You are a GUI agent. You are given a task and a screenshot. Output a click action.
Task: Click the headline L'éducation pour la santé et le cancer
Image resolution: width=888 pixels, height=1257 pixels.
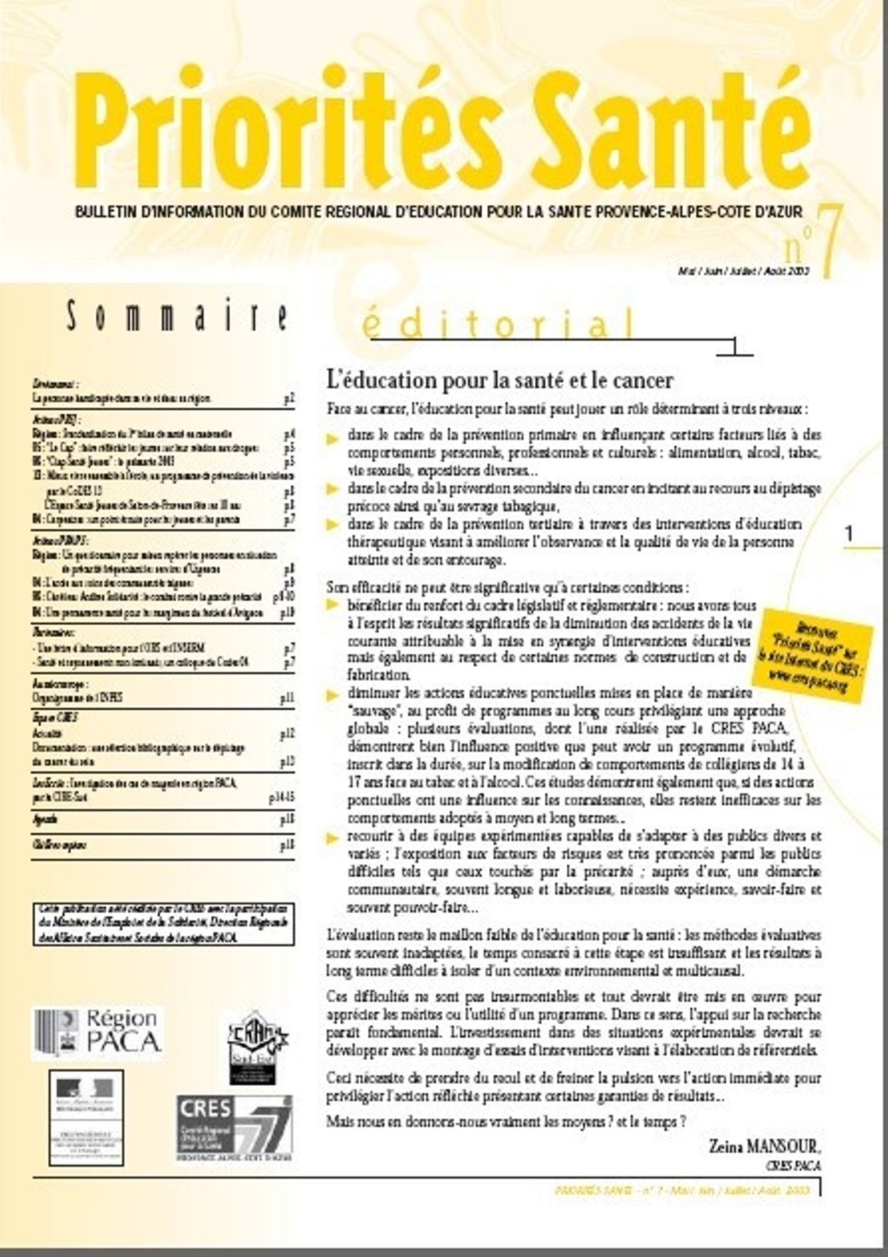point(500,380)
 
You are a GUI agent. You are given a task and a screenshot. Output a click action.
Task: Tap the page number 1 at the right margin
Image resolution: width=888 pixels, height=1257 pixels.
point(850,535)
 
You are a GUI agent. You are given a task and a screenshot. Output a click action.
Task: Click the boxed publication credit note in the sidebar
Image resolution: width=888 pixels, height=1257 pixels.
point(163,925)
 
